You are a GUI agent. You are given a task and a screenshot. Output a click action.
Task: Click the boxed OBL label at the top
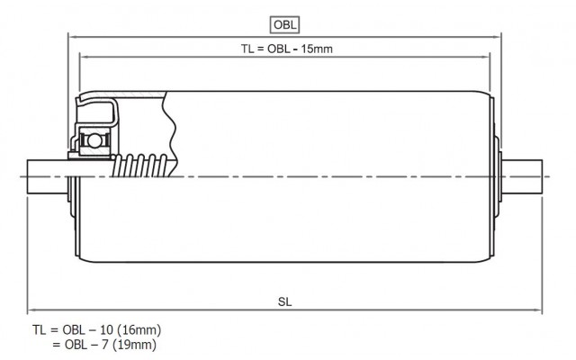pyautogui.click(x=284, y=25)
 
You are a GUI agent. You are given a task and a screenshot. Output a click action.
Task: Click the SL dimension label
pyautogui.click(x=284, y=302)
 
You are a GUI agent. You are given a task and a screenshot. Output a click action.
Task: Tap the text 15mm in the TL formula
pyautogui.click(x=317, y=49)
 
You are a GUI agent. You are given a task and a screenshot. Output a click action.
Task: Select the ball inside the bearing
pyautogui.click(x=94, y=140)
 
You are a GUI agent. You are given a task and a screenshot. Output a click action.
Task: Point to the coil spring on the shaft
pyautogui.click(x=140, y=166)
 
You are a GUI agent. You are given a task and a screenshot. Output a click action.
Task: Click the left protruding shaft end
pyautogui.click(x=48, y=176)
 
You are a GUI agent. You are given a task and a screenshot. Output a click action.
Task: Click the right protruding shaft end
pyautogui.click(x=522, y=176)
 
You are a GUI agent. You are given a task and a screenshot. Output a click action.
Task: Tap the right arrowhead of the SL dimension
pyautogui.click(x=537, y=310)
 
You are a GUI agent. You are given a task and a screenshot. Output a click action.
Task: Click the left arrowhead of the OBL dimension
pyautogui.click(x=73, y=37)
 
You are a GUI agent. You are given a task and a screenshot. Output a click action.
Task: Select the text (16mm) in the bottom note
pyautogui.click(x=139, y=330)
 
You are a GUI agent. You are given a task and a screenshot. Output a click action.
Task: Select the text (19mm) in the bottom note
pyautogui.click(x=134, y=345)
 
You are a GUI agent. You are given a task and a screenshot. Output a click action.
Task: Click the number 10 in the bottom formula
pyautogui.click(x=106, y=330)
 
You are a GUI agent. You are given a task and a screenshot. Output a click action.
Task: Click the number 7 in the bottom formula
pyautogui.click(x=106, y=345)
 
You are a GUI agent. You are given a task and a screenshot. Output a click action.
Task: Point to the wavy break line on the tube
pyautogui.click(x=170, y=134)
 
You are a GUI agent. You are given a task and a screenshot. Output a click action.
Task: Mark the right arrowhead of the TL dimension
pyautogui.click(x=485, y=57)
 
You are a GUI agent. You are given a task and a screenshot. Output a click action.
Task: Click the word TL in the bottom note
pyautogui.click(x=39, y=330)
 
